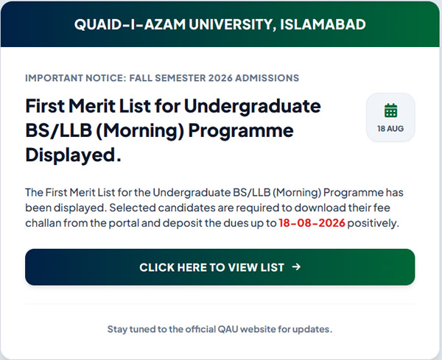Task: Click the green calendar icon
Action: [390, 110]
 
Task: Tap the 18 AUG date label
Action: [390, 129]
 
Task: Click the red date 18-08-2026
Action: [312, 223]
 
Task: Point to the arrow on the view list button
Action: [296, 267]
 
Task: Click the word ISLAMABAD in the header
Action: [323, 24]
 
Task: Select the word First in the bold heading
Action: [45, 106]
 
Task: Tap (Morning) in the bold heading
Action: [140, 131]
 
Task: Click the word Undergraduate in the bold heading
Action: [252, 107]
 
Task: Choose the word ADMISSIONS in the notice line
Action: [267, 78]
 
